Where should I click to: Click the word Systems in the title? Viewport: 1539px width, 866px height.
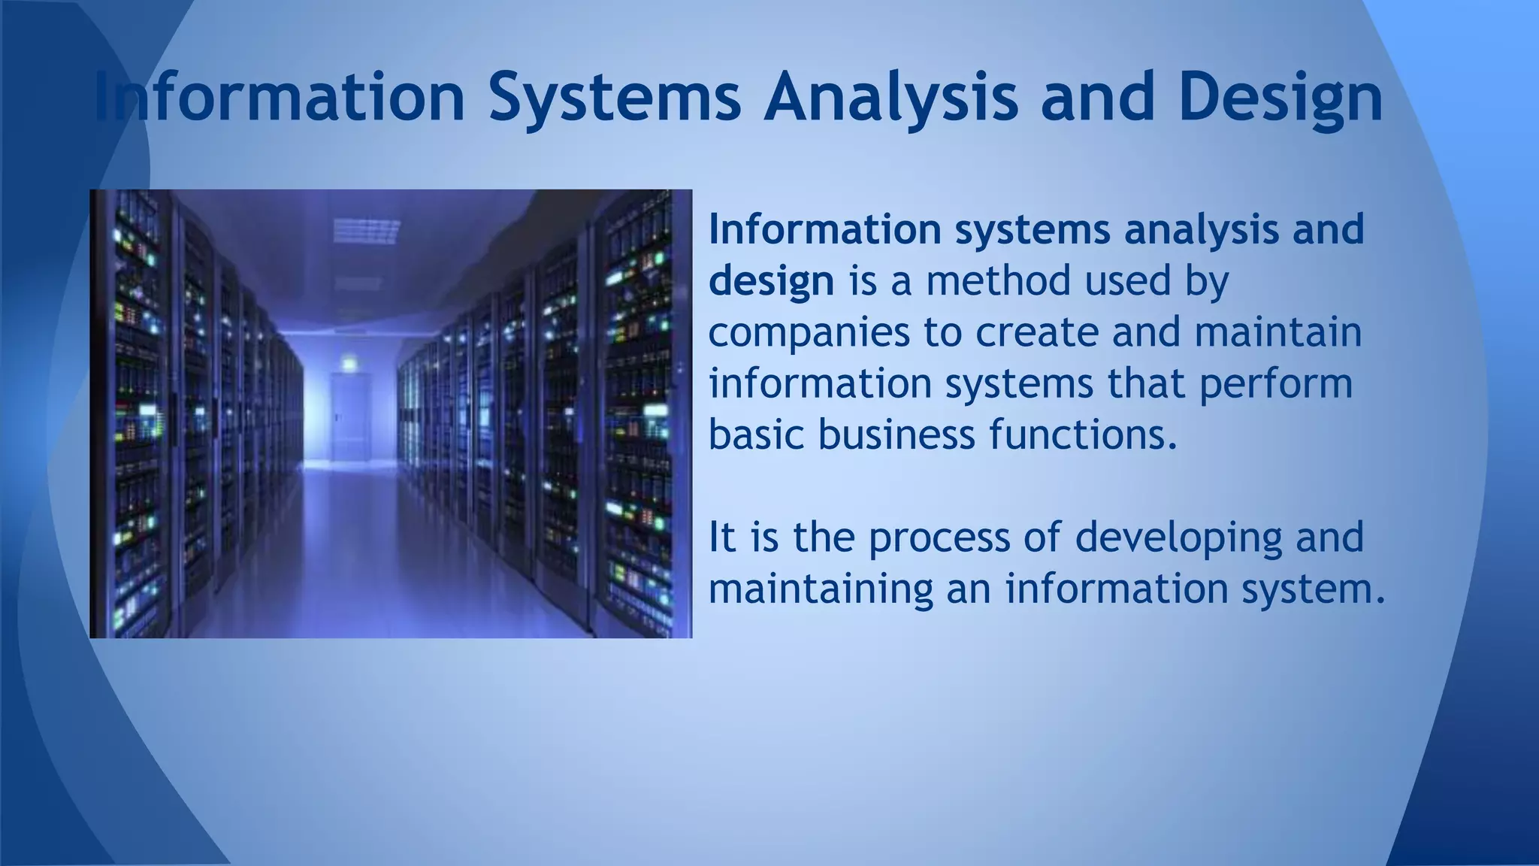(615, 98)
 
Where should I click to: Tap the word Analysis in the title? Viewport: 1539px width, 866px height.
(890, 98)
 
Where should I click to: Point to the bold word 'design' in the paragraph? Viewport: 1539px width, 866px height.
(771, 281)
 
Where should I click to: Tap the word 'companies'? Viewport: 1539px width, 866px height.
(809, 333)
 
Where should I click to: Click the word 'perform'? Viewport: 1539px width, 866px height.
(1275, 384)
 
